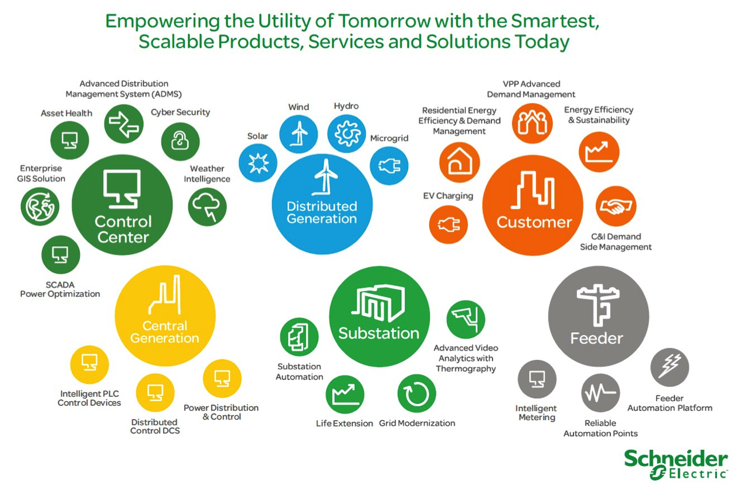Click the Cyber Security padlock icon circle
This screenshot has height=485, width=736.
point(180,142)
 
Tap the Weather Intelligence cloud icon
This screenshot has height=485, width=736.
point(207,207)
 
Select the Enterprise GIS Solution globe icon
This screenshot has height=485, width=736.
point(40,207)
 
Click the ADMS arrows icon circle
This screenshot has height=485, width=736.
point(124,124)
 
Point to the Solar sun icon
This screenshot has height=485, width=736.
point(258,163)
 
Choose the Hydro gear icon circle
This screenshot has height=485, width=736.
point(347,134)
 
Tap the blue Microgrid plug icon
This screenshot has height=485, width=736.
point(389,166)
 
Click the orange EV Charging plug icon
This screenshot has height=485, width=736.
point(448,225)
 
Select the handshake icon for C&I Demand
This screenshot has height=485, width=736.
point(616,207)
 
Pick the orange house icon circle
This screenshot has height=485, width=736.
point(460,162)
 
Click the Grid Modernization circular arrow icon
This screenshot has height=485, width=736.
point(417,394)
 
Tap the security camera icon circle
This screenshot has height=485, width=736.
point(466,319)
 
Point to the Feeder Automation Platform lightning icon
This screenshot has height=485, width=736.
point(669,367)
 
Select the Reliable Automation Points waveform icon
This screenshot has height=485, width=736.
point(601,393)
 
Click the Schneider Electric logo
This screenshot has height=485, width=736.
point(676,465)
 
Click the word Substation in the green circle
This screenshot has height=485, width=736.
point(379,333)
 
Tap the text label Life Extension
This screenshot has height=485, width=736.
point(344,423)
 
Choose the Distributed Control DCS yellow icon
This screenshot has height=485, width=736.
point(155,393)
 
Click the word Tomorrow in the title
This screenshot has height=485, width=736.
point(384,21)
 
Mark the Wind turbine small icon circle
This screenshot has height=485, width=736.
point(299,134)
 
